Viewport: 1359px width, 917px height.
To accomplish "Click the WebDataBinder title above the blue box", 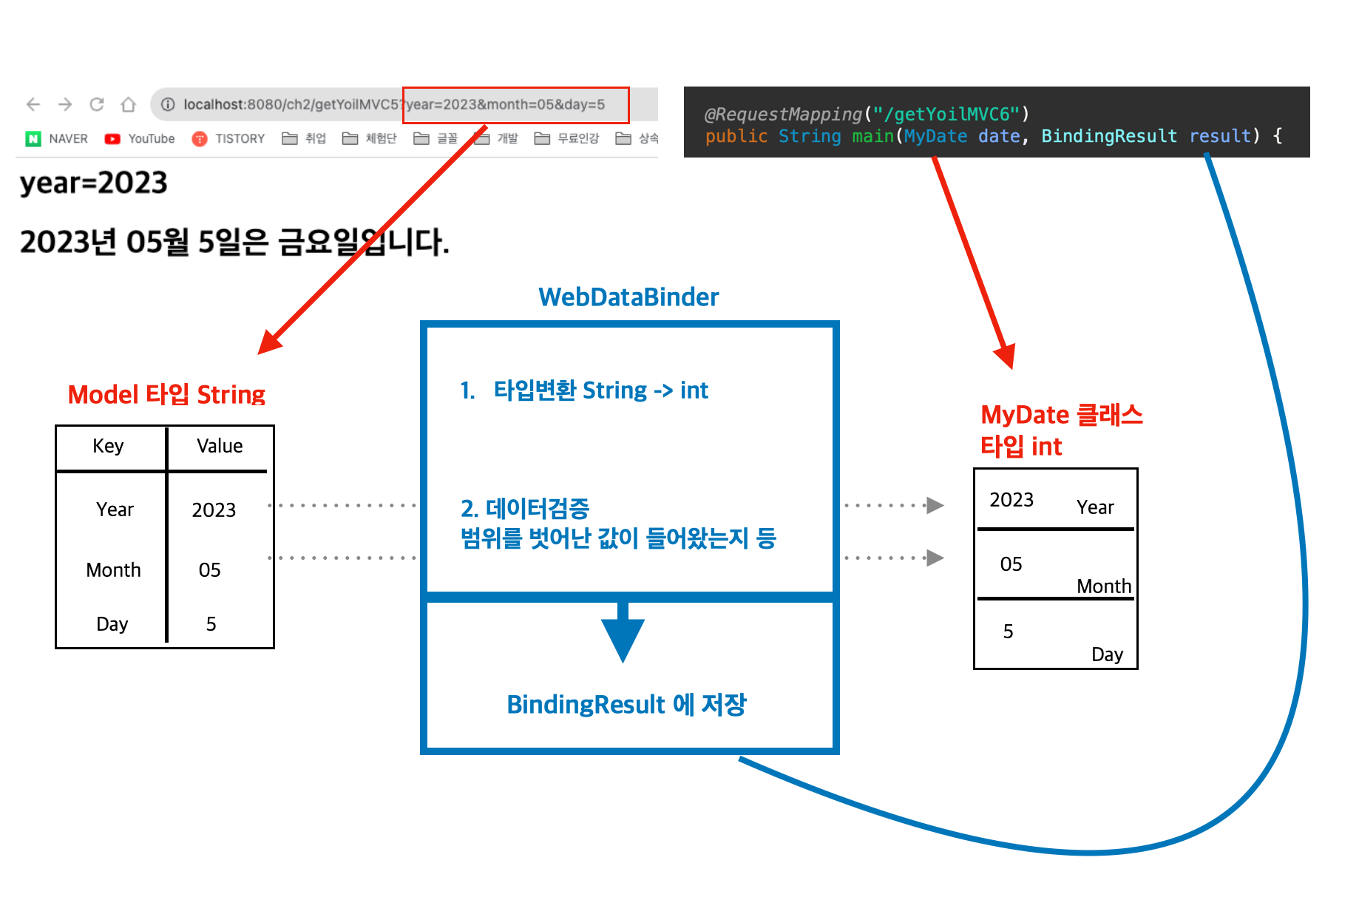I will [x=628, y=297].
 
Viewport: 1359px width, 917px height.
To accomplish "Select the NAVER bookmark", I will [x=58, y=138].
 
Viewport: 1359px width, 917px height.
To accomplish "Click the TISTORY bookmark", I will [x=228, y=138].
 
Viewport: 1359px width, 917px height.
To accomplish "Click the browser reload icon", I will [x=97, y=104].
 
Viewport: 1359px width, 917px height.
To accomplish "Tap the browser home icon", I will [x=129, y=104].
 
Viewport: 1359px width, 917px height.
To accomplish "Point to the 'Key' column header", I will [x=108, y=446].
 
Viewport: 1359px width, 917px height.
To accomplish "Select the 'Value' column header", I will [x=220, y=446].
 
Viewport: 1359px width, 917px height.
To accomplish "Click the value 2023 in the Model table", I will [x=214, y=510].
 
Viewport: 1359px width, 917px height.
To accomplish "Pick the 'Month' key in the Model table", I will [x=113, y=570].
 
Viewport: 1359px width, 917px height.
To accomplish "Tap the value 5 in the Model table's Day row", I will [x=211, y=624].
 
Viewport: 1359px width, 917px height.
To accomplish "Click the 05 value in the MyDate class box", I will [x=1011, y=564].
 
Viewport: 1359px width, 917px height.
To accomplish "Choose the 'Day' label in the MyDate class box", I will [x=1107, y=654].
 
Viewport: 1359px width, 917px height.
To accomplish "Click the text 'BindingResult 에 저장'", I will [x=626, y=705].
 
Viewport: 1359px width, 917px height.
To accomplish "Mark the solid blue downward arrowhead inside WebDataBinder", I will [x=623, y=637].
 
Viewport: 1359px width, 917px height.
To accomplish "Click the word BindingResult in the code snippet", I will [x=1108, y=136].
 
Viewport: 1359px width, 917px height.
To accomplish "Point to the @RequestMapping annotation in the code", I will [x=783, y=114].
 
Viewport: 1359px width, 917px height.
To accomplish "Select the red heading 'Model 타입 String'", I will [x=166, y=394].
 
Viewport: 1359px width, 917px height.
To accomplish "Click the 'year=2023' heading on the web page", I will [x=94, y=183].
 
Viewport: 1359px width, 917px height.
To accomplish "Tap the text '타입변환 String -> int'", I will [x=600, y=390].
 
